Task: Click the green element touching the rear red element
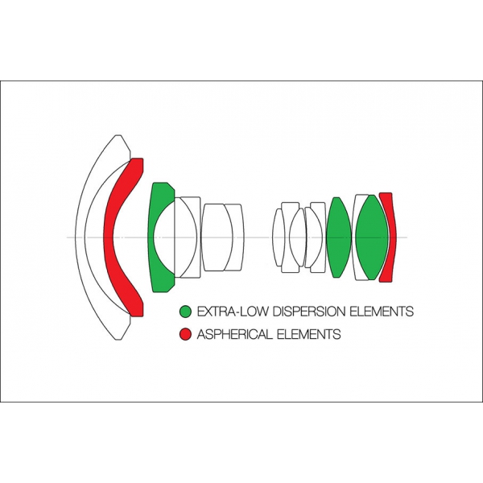pyautogui.click(x=372, y=237)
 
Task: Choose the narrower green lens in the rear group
pyautogui.click(x=338, y=237)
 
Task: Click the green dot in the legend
pyautogui.click(x=186, y=311)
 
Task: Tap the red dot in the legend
pyautogui.click(x=186, y=333)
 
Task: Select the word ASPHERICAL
pyautogui.click(x=234, y=333)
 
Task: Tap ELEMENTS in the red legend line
pyautogui.click(x=309, y=333)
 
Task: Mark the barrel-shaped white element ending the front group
pyautogui.click(x=223, y=237)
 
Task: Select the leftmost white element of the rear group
pyautogui.click(x=279, y=237)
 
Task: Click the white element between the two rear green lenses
pyautogui.click(x=355, y=237)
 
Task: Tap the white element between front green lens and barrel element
pyautogui.click(x=192, y=237)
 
